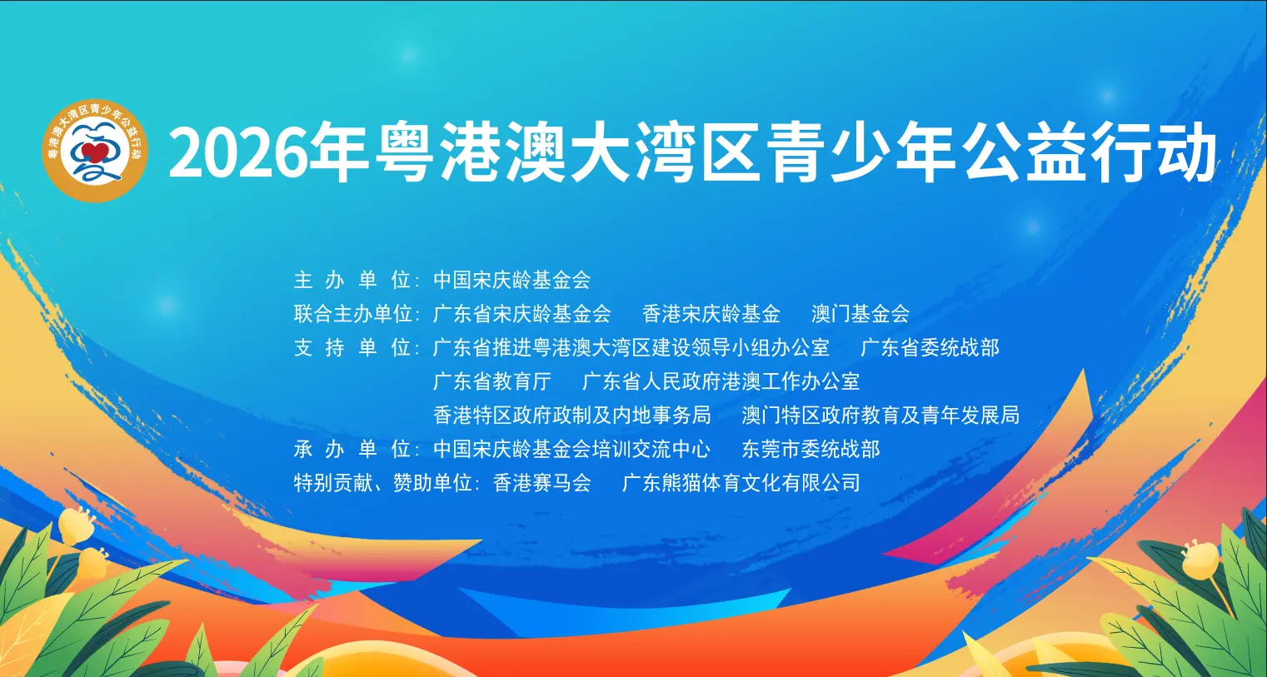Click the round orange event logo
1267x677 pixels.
95,151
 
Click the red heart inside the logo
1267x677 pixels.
95,154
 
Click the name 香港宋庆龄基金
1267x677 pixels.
711,314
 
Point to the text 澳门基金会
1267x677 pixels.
860,314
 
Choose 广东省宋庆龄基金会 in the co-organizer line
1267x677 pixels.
522,314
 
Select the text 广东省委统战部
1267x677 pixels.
930,347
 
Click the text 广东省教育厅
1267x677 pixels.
492,381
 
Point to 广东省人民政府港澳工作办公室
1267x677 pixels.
721,381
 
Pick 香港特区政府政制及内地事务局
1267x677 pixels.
572,415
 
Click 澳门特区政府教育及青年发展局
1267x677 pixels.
880,415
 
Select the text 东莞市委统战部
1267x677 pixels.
811,449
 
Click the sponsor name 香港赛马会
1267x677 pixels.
542,482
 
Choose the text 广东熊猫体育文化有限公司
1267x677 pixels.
741,482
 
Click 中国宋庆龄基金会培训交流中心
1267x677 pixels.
572,449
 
